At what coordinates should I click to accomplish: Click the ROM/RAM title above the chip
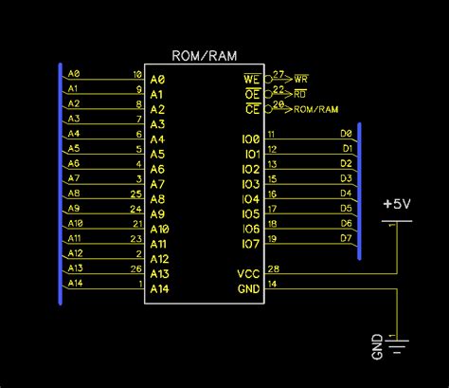pos(206,55)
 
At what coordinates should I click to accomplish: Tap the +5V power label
pos(397,203)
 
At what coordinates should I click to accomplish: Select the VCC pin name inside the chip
pos(248,274)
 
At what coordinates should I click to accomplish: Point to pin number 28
pos(274,269)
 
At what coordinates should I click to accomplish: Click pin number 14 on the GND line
pos(274,284)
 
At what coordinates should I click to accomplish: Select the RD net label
pos(301,93)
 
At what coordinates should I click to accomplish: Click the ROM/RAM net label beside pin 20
pos(316,108)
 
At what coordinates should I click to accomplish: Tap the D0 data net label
pos(346,134)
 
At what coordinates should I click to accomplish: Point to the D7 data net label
pos(346,237)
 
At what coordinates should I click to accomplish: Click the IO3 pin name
pos(250,184)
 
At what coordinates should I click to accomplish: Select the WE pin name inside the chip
pos(252,79)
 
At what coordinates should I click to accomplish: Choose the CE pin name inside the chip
pos(252,109)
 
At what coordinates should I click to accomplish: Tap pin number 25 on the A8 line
pos(136,194)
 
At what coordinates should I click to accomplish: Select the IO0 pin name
pos(250,139)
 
